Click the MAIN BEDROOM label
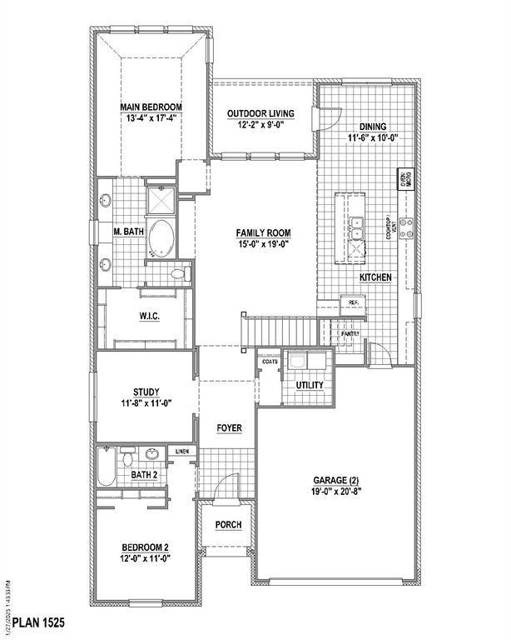click(x=150, y=107)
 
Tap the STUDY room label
click(x=146, y=392)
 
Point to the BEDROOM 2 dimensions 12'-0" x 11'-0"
click(x=145, y=558)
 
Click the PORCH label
click(x=228, y=524)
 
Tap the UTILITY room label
click(x=310, y=385)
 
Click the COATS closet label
click(x=269, y=362)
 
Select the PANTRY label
click(x=350, y=333)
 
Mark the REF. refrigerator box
click(x=353, y=302)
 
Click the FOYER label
click(x=229, y=427)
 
